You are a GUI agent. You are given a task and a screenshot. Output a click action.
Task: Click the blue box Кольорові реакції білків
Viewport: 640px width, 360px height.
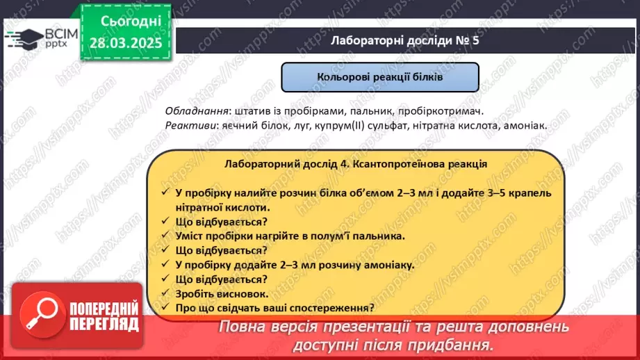[x=379, y=78]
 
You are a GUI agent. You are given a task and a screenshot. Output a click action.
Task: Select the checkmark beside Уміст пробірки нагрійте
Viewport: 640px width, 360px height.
[x=164, y=236]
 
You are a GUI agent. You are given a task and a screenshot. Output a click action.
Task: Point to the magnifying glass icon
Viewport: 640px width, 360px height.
[x=41, y=316]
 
